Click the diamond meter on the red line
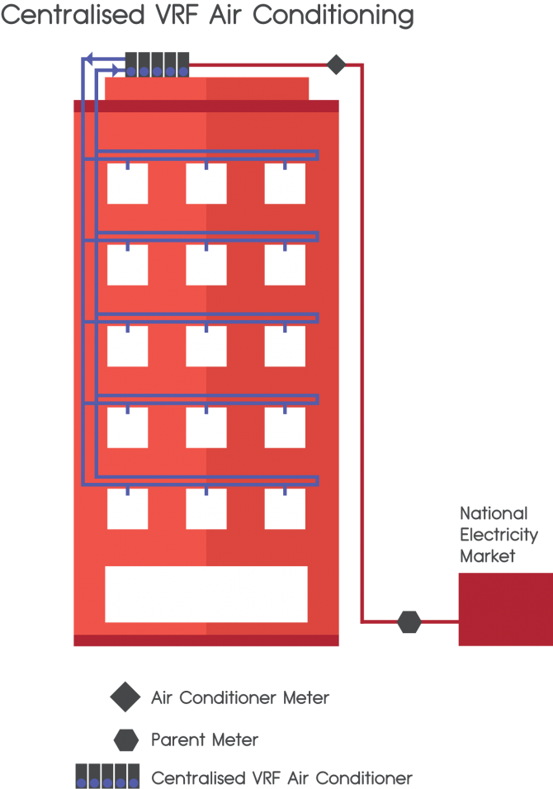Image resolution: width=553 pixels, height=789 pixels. click(x=336, y=64)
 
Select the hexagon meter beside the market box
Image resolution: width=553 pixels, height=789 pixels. click(x=409, y=622)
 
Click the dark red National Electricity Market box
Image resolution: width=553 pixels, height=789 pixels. click(x=505, y=609)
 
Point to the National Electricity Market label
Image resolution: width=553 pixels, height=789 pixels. click(x=499, y=535)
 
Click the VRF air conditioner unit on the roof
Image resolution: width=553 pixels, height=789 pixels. click(x=157, y=64)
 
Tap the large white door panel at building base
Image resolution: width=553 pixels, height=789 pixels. click(x=206, y=594)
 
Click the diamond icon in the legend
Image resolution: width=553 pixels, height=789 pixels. click(x=125, y=698)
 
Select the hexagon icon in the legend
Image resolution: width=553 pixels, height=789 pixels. click(x=126, y=740)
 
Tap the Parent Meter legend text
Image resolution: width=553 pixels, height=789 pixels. click(x=205, y=740)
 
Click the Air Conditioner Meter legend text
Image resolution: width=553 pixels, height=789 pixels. click(x=240, y=698)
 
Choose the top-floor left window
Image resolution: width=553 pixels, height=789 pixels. click(x=128, y=183)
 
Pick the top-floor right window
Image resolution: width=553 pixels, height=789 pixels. click(x=285, y=183)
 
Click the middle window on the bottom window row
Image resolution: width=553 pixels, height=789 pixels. click(x=206, y=508)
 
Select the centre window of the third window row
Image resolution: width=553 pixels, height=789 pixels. click(x=206, y=346)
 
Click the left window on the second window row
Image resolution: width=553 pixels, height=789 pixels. click(x=128, y=265)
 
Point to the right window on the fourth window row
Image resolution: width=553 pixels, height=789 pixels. click(x=285, y=428)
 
